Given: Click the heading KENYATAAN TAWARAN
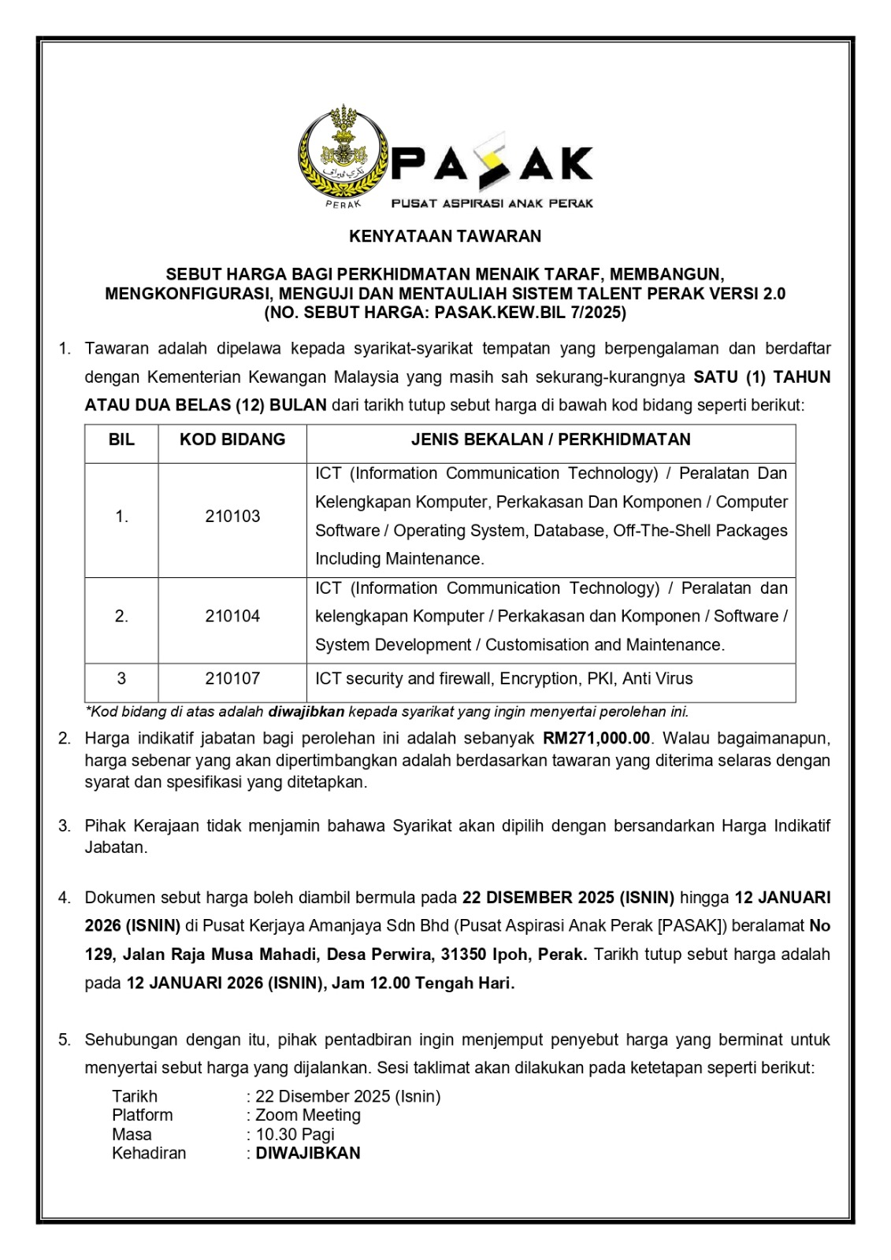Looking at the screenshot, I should (x=445, y=236).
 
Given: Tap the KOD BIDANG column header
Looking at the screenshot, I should (x=232, y=439).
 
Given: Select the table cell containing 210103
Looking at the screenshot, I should (x=232, y=517).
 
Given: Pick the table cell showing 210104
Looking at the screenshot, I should (x=232, y=617).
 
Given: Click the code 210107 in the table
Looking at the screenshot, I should (x=232, y=679).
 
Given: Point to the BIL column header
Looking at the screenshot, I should (x=121, y=439).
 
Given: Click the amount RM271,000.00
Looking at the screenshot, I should (x=596, y=739).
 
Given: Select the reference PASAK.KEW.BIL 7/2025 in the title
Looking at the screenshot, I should (x=527, y=313).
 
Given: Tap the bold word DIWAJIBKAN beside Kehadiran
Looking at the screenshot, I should (x=308, y=1153).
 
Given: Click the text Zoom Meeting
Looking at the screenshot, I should (x=308, y=1115).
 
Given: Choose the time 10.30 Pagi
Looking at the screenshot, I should (x=295, y=1135).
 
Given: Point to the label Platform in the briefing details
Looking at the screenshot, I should (x=143, y=1115).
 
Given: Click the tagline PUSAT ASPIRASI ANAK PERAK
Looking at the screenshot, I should (x=492, y=203).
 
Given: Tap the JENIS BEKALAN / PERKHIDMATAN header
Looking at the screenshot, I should (x=551, y=439).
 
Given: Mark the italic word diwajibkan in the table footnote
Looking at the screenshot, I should (x=306, y=712).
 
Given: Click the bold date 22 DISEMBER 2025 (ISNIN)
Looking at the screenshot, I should (x=568, y=898).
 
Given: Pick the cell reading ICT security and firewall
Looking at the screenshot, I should (x=504, y=679).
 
